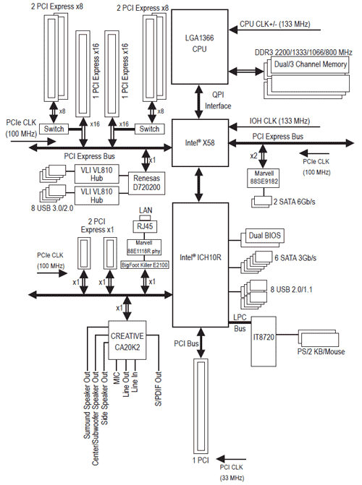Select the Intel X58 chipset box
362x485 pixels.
(x=200, y=143)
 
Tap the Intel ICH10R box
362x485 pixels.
(x=201, y=265)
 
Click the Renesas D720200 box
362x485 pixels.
(x=146, y=183)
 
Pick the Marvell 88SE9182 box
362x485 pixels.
(x=264, y=178)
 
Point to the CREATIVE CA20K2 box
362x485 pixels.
(x=127, y=340)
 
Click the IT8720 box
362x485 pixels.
(x=264, y=341)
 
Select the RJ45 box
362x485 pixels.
(x=145, y=226)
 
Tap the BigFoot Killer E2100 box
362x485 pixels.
(x=145, y=265)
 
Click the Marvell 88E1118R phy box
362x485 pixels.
(x=144, y=247)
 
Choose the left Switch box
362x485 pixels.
(x=54, y=129)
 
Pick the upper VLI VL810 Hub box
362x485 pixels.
(x=97, y=173)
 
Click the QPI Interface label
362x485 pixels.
(x=218, y=100)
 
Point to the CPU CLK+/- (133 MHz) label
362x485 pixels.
(x=275, y=24)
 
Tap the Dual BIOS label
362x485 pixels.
(x=265, y=236)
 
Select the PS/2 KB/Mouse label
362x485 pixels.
(x=321, y=352)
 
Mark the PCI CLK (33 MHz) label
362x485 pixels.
(x=232, y=472)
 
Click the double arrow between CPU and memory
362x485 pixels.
(x=246, y=72)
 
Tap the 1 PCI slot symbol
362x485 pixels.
(x=201, y=406)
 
